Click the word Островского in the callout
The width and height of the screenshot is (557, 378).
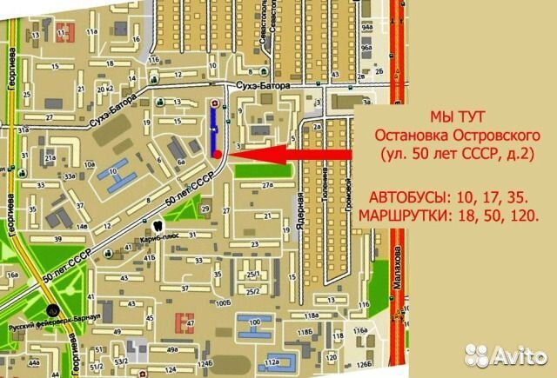(x=487, y=135)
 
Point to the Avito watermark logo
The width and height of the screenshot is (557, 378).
(x=506, y=355)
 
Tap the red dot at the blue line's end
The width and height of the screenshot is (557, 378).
(x=216, y=154)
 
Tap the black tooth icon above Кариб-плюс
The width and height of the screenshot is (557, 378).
(x=145, y=225)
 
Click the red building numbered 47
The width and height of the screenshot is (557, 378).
(x=185, y=322)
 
